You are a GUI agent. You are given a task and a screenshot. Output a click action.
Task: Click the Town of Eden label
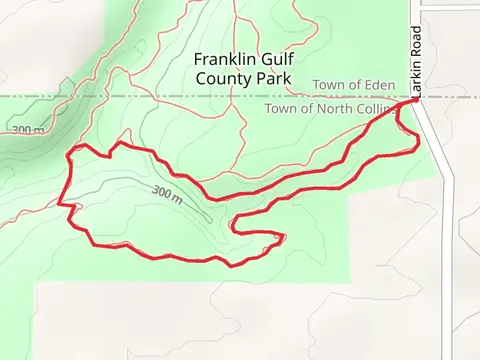tap(354, 85)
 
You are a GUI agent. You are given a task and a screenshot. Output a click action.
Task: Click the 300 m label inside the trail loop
tap(168, 191)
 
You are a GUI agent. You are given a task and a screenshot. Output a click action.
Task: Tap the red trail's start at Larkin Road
tap(412, 101)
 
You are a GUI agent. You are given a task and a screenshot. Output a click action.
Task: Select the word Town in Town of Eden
tap(329, 85)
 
